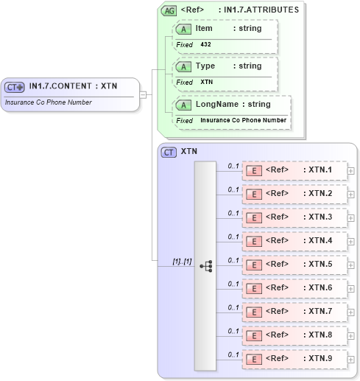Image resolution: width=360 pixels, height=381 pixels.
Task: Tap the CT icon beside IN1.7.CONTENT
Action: tap(15, 87)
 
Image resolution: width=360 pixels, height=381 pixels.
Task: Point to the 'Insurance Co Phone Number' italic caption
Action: tap(48, 102)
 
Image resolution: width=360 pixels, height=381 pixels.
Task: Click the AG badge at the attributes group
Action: tap(169, 10)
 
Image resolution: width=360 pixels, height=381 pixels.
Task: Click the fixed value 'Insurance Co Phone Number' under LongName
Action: tap(243, 120)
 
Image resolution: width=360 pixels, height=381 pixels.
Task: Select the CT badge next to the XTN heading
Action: tap(169, 152)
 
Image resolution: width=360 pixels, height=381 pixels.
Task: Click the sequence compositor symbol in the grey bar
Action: tap(205, 265)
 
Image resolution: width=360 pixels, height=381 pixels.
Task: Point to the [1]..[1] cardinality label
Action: tap(182, 261)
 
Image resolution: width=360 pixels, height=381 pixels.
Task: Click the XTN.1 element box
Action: tap(294, 171)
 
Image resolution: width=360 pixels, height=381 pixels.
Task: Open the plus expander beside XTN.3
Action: tap(351, 218)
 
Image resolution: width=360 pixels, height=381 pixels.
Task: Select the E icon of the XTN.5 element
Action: tap(253, 265)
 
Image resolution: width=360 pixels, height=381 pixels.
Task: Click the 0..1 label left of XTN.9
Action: tap(233, 354)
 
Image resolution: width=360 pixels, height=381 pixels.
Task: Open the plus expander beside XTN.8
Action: tap(351, 336)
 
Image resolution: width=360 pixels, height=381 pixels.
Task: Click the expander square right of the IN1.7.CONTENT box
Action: tap(144, 94)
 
